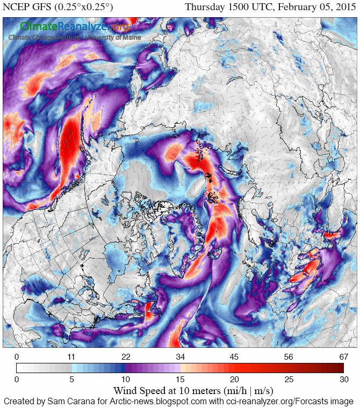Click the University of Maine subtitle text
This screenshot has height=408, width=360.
click(113, 37)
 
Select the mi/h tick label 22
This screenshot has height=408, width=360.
click(126, 357)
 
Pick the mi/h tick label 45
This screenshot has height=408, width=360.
click(234, 357)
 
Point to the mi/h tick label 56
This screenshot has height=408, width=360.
click(289, 357)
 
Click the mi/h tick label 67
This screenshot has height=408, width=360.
click(343, 357)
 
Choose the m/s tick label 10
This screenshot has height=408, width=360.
click(126, 379)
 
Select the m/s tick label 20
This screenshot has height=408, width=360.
click(234, 379)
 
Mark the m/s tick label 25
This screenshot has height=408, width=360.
click(289, 379)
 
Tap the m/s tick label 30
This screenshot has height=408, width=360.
click(343, 379)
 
